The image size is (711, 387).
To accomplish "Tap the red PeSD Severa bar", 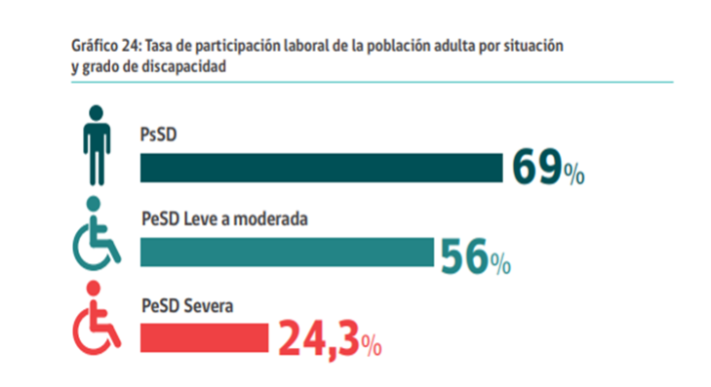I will pyautogui.click(x=204, y=337).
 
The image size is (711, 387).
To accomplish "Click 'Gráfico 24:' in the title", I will pyautogui.click(x=105, y=46).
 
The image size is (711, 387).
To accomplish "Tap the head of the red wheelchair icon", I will pyautogui.click(x=94, y=290).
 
